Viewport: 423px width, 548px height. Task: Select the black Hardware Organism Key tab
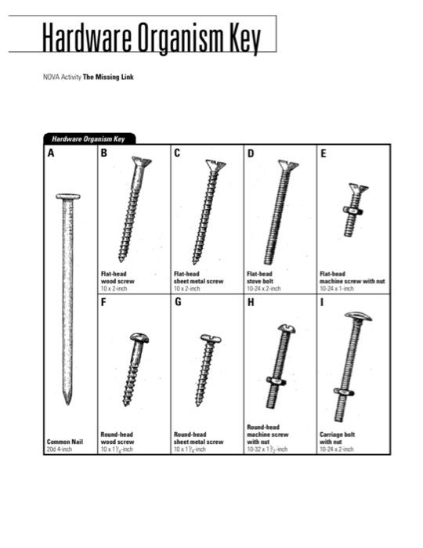(x=89, y=139)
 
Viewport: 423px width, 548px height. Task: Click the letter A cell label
(x=51, y=153)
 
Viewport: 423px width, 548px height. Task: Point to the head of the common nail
(x=67, y=196)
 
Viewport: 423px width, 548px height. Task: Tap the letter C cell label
(x=177, y=153)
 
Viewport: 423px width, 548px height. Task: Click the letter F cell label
(x=103, y=302)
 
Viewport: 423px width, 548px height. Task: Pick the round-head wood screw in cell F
(x=134, y=369)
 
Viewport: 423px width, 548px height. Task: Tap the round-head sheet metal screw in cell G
(x=208, y=369)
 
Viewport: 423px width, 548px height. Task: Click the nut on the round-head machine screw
(x=277, y=381)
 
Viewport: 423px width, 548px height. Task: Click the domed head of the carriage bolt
(x=357, y=317)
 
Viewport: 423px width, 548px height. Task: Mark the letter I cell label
(x=322, y=302)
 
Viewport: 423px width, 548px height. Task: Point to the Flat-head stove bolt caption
(x=264, y=280)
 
